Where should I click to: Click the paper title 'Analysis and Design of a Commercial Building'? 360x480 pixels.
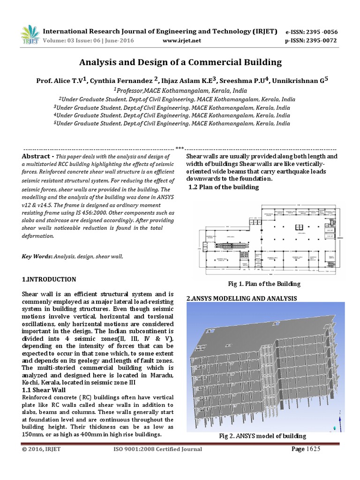(x=180, y=62)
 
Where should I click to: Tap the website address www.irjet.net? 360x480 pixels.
(x=181, y=41)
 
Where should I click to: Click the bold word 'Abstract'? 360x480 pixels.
(x=37, y=156)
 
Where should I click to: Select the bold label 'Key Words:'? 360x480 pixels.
(x=37, y=256)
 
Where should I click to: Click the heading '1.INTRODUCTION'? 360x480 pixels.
(x=49, y=279)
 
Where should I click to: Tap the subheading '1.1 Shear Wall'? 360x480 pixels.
(x=45, y=390)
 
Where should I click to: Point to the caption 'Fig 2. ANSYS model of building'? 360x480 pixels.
(x=262, y=436)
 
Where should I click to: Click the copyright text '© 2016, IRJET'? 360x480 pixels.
(x=42, y=449)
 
